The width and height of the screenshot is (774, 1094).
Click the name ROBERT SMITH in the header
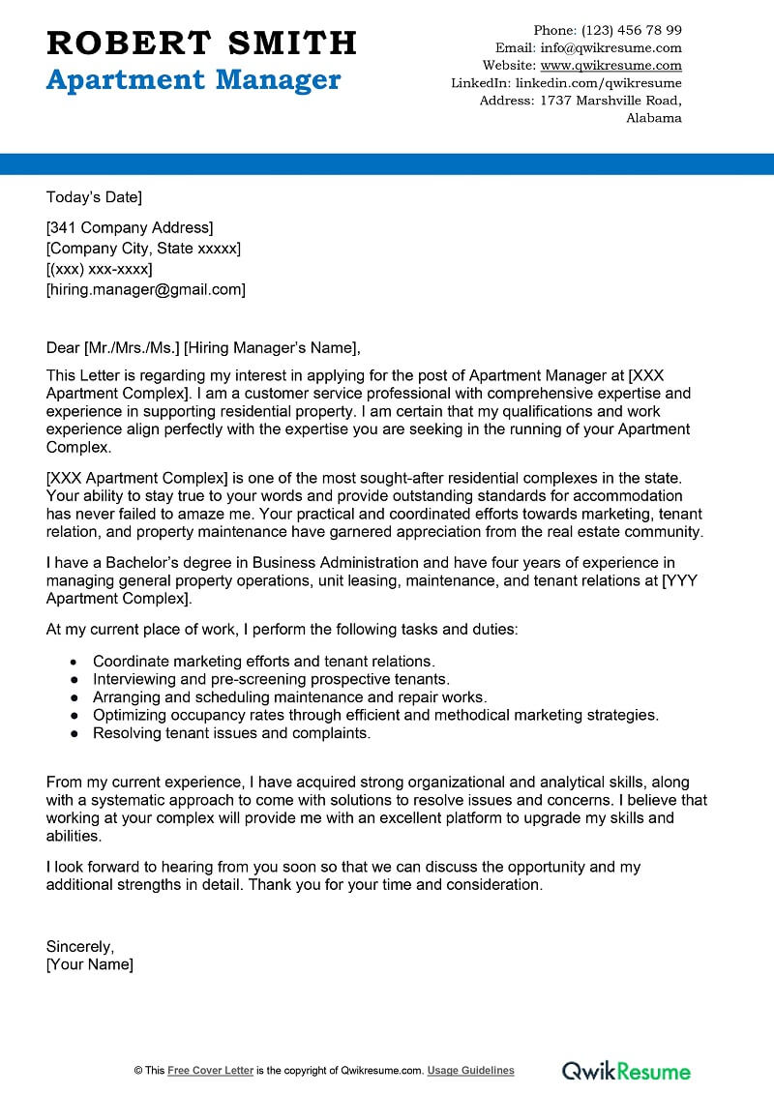[x=201, y=43]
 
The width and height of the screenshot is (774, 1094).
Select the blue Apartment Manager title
[x=193, y=79]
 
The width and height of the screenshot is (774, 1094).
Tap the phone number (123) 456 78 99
[x=633, y=30]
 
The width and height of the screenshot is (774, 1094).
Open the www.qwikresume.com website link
[x=610, y=66]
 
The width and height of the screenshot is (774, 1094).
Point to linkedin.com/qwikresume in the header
[x=598, y=83]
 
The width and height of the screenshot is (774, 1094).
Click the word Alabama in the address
[x=654, y=118]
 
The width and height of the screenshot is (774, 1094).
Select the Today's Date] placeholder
[x=94, y=197]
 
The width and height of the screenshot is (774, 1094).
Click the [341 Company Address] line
[x=130, y=228]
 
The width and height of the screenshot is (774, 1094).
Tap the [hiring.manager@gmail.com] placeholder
[x=146, y=289]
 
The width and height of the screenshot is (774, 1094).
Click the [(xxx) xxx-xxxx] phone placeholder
[x=100, y=269]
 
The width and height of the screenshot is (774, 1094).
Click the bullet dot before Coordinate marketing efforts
[x=74, y=662]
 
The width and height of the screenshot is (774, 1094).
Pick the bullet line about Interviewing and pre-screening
[x=271, y=680]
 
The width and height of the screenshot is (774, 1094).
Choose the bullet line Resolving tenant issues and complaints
[x=231, y=733]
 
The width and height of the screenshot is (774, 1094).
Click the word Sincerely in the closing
[x=80, y=946]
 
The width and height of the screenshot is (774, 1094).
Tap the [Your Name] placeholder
[x=90, y=964]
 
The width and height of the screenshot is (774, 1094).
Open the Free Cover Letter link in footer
[x=211, y=1071]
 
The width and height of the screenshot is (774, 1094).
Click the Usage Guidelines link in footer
[x=471, y=1071]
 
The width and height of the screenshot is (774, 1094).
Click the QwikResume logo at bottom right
[x=626, y=1071]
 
